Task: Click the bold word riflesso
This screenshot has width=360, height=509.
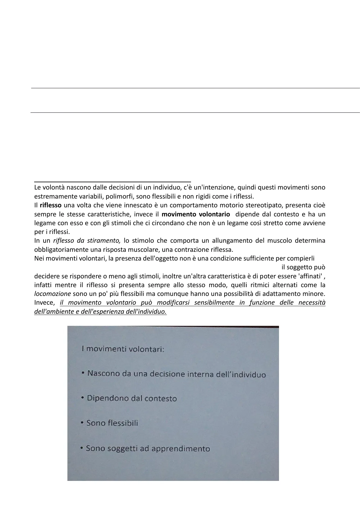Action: (50, 205)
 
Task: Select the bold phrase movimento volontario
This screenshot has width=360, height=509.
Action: (196, 214)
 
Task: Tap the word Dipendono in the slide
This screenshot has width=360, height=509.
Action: (105, 398)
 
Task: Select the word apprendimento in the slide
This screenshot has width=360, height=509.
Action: (180, 449)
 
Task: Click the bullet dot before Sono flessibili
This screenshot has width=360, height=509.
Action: (82, 423)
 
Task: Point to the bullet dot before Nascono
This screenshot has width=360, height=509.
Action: (83, 373)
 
